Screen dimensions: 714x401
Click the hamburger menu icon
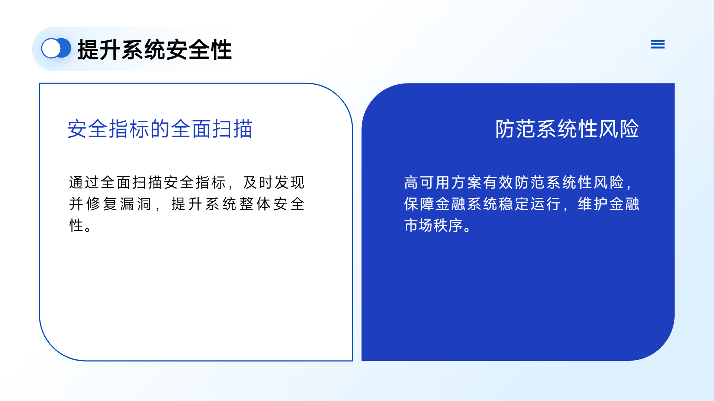pyautogui.click(x=657, y=44)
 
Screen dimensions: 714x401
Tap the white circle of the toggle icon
pyautogui.click(x=51, y=48)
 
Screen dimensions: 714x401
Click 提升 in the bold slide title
pyautogui.click(x=99, y=49)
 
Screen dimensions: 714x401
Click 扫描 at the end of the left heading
pyautogui.click(x=232, y=129)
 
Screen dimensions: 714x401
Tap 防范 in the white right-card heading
pyautogui.click(x=515, y=129)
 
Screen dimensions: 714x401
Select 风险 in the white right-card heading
pyautogui.click(x=619, y=129)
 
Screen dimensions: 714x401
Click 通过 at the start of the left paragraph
pyautogui.click(x=84, y=182)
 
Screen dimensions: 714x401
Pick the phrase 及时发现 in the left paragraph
pyautogui.click(x=274, y=182)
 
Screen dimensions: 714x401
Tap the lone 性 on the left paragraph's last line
pyautogui.click(x=76, y=225)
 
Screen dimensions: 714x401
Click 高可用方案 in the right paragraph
pyautogui.click(x=443, y=182)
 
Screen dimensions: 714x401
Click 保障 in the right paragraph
pyautogui.click(x=419, y=204)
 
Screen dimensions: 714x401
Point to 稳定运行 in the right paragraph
pyautogui.click(x=530, y=204)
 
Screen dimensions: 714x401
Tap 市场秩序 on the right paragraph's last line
pyautogui.click(x=434, y=225)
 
